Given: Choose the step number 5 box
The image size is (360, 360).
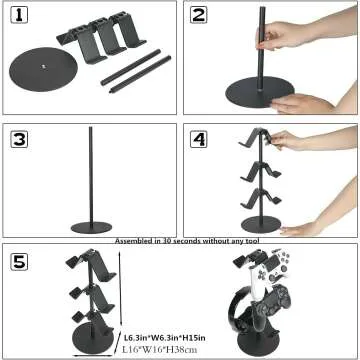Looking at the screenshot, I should [20, 262].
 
